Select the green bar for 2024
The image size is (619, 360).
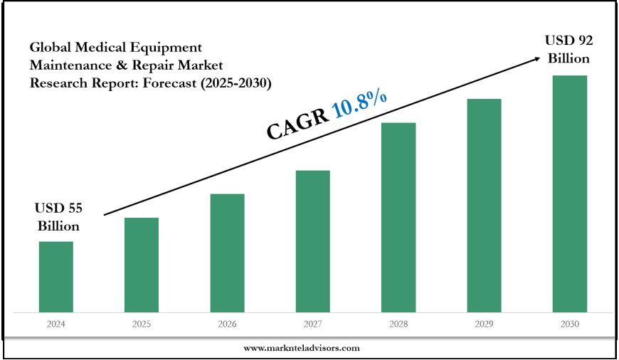(x=55, y=276)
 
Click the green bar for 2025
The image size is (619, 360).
(x=142, y=264)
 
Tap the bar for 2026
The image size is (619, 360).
(x=227, y=253)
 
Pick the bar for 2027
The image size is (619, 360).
(x=312, y=240)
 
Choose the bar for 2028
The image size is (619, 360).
(x=398, y=217)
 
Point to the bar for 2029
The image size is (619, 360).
(x=484, y=205)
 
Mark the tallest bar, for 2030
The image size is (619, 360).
(x=570, y=193)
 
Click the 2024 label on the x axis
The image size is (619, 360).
(x=55, y=324)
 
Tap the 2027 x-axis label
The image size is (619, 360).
(x=312, y=324)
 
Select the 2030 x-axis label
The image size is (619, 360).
(x=570, y=324)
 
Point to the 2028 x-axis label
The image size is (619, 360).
(x=398, y=324)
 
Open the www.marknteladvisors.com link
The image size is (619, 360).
(x=302, y=348)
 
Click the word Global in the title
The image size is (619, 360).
(x=50, y=48)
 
